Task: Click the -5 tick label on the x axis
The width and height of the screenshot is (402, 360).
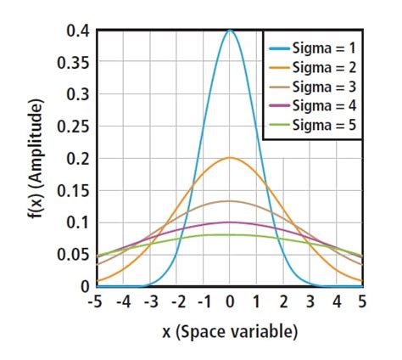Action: coord(96,301)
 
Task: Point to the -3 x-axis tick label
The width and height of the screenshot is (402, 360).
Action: coord(149,301)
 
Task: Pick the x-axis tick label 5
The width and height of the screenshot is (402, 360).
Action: coord(362,301)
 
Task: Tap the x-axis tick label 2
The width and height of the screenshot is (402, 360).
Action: coord(282,301)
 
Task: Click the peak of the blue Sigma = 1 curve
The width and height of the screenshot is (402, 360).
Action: coord(230,31)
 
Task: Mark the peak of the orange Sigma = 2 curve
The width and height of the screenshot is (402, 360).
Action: coord(230,158)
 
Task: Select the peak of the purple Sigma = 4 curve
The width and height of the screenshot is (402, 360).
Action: coord(230,222)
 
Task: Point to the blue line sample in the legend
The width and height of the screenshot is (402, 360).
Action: coord(277,48)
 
